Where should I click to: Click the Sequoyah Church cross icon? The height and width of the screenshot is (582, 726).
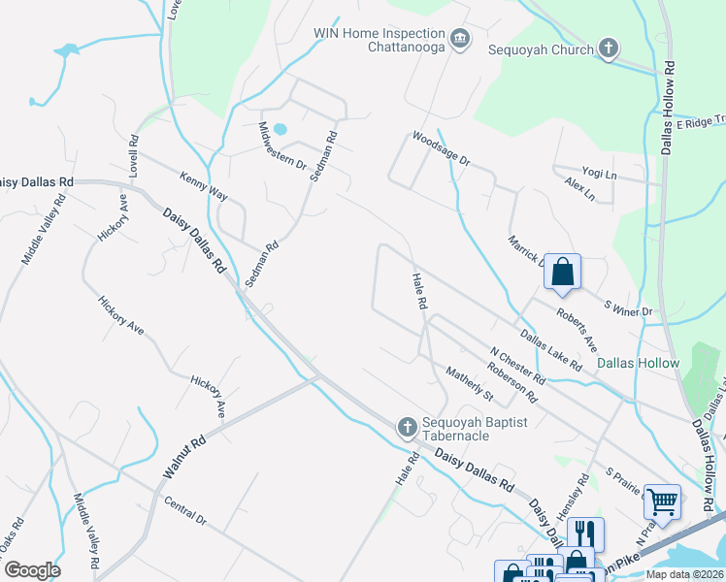click(609, 48)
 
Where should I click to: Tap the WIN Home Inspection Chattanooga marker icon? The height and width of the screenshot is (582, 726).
click(460, 40)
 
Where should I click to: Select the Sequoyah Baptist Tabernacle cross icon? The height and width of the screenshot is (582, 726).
click(409, 426)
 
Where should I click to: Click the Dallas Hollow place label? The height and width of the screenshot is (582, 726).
click(638, 363)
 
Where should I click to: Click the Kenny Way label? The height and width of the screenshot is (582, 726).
click(203, 187)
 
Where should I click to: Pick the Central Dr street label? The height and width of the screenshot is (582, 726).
click(185, 512)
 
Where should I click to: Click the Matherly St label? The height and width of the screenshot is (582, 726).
click(470, 383)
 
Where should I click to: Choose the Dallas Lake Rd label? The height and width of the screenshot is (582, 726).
click(550, 351)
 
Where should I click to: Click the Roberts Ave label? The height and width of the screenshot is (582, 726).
click(576, 331)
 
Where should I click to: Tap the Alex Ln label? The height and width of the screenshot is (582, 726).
click(578, 188)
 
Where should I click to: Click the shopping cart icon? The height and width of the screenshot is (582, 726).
click(662, 502)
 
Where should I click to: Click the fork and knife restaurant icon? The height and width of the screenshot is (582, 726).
click(586, 533)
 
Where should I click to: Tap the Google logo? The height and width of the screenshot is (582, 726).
click(31, 570)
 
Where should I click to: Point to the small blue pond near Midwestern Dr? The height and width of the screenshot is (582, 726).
click(280, 128)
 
